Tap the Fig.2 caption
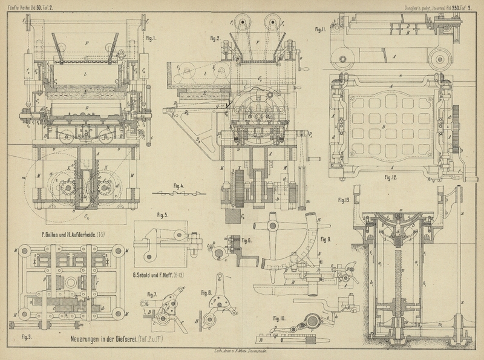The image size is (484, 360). pyautogui.click(x=214, y=38)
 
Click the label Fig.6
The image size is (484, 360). pyautogui.click(x=247, y=241)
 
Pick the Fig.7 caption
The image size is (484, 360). pyautogui.click(x=151, y=295)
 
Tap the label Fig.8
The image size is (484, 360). pyautogui.click(x=205, y=293)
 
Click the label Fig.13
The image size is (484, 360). pyautogui.click(x=344, y=200)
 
